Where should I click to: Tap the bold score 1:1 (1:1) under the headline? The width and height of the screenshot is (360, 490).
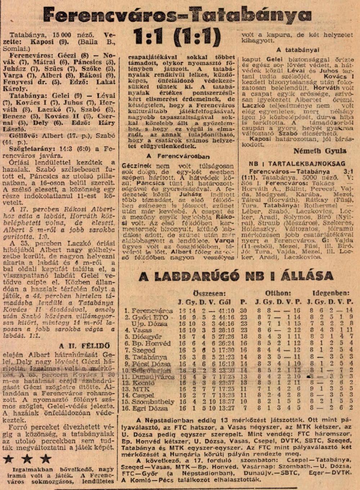tap(177, 37)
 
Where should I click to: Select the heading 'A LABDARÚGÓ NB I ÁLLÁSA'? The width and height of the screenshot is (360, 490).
tap(236, 276)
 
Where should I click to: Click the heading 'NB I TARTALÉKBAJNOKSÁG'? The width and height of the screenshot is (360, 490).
tap(297, 163)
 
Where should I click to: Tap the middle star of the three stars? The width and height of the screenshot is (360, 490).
tap(27, 459)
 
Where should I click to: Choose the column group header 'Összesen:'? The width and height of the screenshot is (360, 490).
tap(210, 293)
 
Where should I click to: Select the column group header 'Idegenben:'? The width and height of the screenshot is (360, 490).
tap(330, 293)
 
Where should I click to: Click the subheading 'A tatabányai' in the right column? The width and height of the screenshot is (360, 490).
tap(298, 50)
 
